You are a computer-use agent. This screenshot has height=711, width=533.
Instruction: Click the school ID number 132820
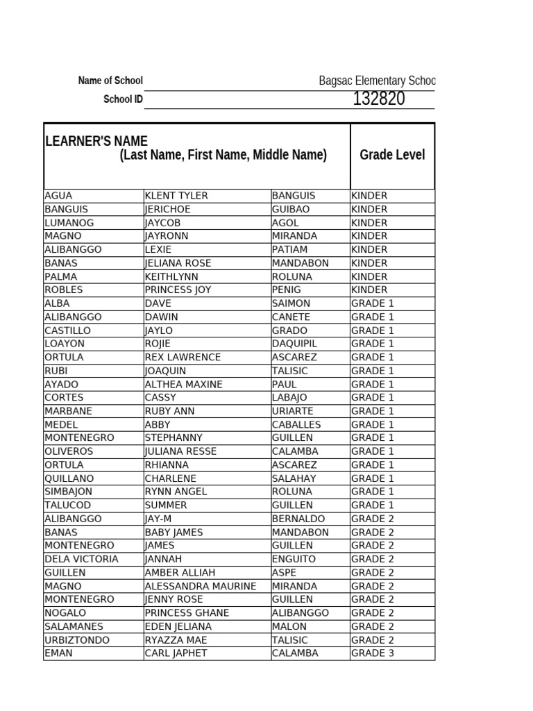[x=378, y=99]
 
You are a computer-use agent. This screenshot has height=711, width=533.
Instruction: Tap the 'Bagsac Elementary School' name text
[x=377, y=81]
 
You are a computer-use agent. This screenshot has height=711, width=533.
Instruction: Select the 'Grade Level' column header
[x=392, y=155]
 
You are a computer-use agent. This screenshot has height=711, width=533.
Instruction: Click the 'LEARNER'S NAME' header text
[x=96, y=142]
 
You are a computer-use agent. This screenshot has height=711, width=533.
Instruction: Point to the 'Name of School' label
[x=110, y=81]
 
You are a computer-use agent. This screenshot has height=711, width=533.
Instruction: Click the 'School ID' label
[x=123, y=99]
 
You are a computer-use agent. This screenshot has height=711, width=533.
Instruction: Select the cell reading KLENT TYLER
[x=176, y=196]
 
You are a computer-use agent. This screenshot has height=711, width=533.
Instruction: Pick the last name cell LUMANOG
[x=69, y=223]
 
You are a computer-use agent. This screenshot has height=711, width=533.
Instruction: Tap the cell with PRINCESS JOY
[x=178, y=290]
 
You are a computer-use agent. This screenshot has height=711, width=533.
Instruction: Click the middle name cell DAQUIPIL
[x=294, y=344]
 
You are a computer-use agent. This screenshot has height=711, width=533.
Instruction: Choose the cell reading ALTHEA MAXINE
[x=183, y=384]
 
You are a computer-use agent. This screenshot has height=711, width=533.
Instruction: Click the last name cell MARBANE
[x=68, y=411]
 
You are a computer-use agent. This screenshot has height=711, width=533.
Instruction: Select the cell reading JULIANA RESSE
[x=180, y=451]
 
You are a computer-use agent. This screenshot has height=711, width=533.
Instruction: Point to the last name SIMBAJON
[x=69, y=492]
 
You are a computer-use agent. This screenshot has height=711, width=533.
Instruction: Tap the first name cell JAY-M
[x=162, y=519]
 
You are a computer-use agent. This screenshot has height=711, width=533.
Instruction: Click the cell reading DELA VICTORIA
[x=81, y=559]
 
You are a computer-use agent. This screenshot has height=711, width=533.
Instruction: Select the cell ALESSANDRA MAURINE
[x=200, y=586]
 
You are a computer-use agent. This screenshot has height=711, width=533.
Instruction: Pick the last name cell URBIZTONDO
[x=76, y=639]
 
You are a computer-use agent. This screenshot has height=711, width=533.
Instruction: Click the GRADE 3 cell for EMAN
[x=373, y=653]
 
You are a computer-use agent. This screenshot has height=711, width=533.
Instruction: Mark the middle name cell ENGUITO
[x=294, y=559]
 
